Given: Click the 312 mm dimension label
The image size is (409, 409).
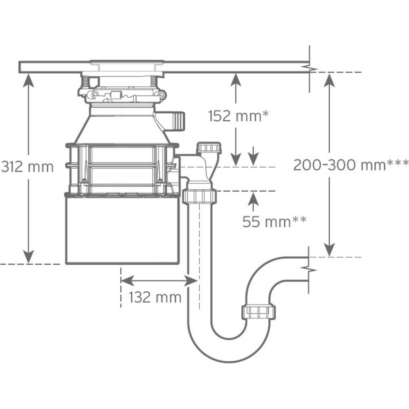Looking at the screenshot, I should click(27, 167).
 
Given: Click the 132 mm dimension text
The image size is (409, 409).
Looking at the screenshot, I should click(155, 297).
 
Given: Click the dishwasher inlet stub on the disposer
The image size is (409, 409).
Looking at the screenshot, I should click(176, 119).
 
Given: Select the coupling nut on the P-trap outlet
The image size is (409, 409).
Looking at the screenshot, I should click(258, 312).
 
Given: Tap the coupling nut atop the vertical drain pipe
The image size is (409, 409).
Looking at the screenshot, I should click(200, 196).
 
